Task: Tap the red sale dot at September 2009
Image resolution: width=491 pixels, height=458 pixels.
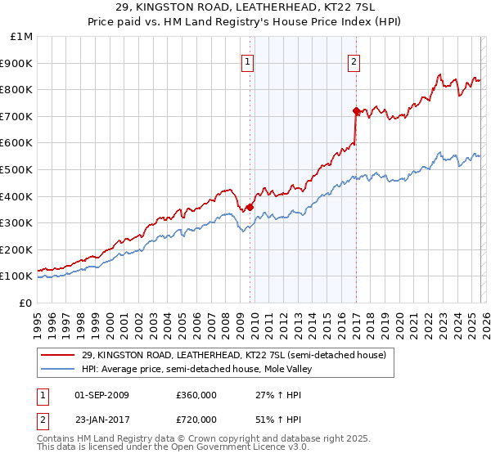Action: click(250, 207)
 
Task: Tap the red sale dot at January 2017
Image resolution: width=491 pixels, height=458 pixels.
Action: click(356, 110)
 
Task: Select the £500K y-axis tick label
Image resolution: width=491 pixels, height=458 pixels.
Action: click(16, 169)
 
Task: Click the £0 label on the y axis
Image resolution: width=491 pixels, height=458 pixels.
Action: click(25, 303)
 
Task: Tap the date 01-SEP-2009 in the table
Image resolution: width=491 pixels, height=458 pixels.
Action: click(101, 395)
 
